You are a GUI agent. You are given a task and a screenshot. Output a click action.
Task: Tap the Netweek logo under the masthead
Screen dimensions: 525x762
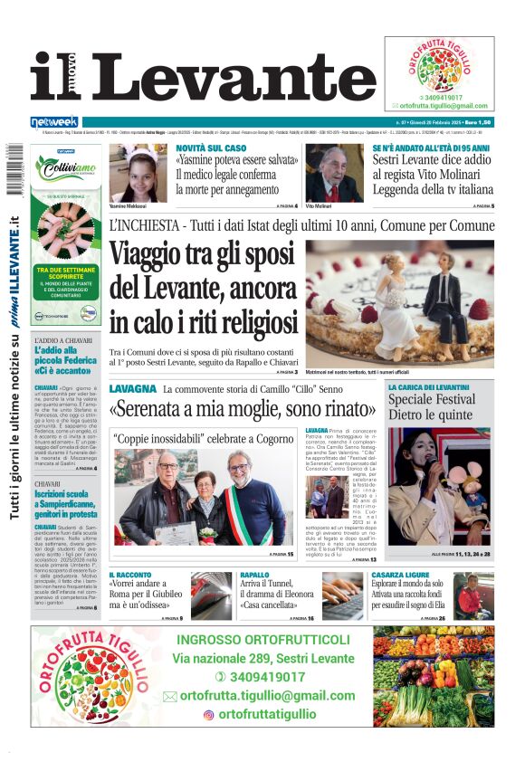click(x=54, y=121)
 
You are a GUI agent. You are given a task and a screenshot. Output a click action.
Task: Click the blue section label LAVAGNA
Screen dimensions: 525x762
click(x=133, y=388)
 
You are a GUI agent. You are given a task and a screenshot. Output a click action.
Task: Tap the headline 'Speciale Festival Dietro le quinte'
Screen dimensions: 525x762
click(x=431, y=406)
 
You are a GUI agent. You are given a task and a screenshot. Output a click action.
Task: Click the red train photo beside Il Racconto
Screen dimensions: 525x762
click(x=211, y=595)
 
